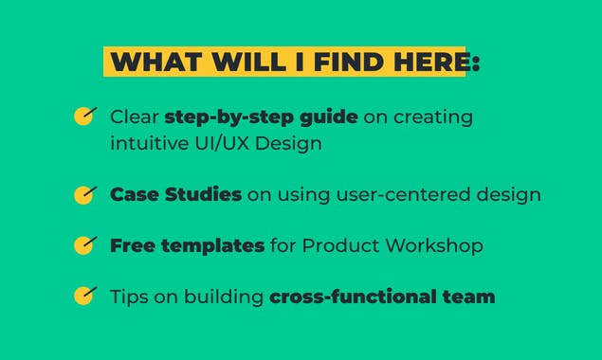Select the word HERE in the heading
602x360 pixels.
click(428, 63)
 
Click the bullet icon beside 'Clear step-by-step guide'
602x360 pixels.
click(85, 117)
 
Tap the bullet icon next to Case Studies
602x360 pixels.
click(85, 194)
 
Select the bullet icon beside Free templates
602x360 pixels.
click(85, 245)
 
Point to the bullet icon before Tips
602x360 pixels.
click(85, 296)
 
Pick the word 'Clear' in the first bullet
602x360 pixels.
click(134, 117)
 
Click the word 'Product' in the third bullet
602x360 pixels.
click(336, 245)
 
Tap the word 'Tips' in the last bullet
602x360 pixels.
click(129, 297)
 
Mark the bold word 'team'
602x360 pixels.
click(471, 297)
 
